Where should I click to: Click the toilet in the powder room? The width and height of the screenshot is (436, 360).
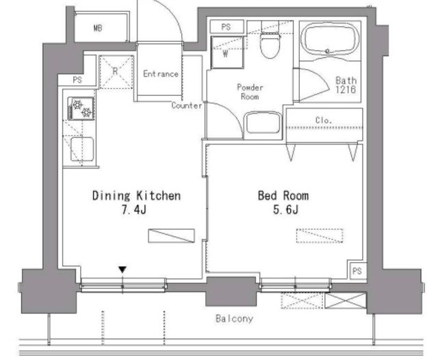(270, 44)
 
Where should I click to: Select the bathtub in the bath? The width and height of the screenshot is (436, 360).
(330, 39)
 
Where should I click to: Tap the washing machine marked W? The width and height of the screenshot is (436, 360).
(227, 52)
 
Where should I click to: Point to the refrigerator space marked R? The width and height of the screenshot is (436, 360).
(116, 72)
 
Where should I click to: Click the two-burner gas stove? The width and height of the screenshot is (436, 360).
(81, 108)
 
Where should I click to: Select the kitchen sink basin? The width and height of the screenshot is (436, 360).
(81, 149)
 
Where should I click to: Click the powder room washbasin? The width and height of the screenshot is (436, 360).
(263, 123)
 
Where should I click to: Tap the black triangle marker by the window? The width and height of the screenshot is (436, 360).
(123, 270)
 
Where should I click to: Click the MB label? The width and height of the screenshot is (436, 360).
(98, 28)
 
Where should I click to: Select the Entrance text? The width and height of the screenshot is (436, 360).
(160, 74)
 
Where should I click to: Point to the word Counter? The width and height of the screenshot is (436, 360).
(187, 105)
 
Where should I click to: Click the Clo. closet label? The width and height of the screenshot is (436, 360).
(324, 120)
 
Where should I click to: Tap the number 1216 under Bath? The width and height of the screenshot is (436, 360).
(346, 90)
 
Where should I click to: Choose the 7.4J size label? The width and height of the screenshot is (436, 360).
(133, 209)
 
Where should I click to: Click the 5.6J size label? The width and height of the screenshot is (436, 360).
(285, 209)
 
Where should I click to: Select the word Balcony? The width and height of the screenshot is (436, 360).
(234, 318)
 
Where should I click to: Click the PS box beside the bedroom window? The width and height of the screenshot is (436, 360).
(357, 270)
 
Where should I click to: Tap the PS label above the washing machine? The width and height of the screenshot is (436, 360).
(226, 27)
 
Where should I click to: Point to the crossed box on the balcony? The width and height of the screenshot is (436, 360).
(346, 300)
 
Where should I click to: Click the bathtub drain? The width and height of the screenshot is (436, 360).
(328, 51)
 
